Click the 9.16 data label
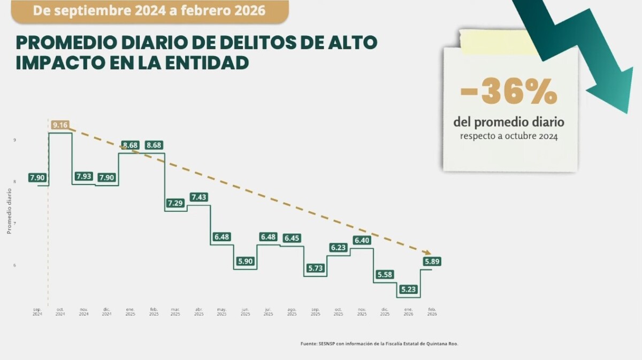[60, 125]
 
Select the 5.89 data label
[432, 261]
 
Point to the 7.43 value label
[198, 197]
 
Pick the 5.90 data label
[245, 261]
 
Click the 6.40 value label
[362, 240]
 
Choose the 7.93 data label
[83, 176]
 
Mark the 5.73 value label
[315, 268]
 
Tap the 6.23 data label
[339, 248]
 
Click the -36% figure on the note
[509, 93]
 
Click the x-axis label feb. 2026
[432, 312]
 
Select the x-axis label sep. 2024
[37, 312]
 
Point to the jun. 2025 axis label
[245, 312]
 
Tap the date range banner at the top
[149, 11]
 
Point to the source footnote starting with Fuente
[379, 343]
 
